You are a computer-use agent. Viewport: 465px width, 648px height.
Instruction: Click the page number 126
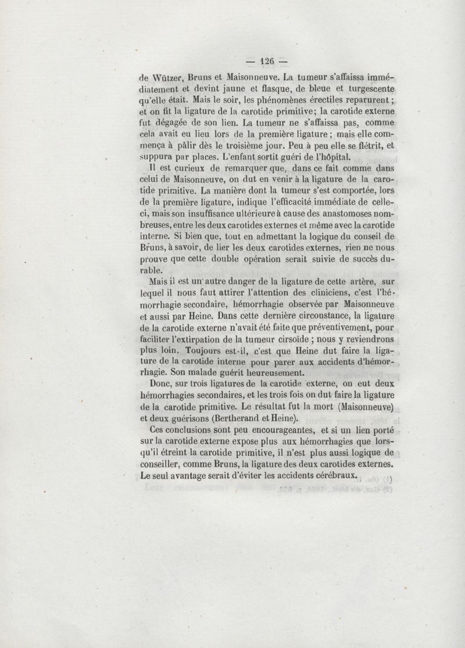pyautogui.click(x=267, y=60)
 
